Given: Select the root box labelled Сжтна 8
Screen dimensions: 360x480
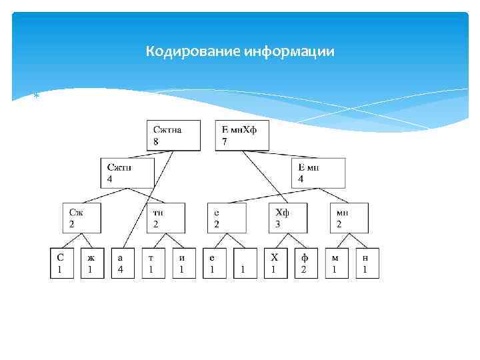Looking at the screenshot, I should pyautogui.click(x=175, y=135).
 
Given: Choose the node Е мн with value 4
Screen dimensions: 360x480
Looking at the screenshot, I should pyautogui.click(x=321, y=173).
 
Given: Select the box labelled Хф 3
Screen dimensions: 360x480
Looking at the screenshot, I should pyautogui.click(x=289, y=217).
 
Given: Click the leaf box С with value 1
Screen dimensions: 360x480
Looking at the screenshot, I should pyautogui.click(x=61, y=263).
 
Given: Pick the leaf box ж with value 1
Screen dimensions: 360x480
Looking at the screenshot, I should pyautogui.click(x=91, y=263).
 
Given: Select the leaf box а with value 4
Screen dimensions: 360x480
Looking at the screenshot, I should pyautogui.click(x=122, y=263).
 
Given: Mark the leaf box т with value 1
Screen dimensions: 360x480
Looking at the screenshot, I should pyautogui.click(x=153, y=263).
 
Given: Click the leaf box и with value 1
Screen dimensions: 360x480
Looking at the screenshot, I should pyautogui.click(x=183, y=263).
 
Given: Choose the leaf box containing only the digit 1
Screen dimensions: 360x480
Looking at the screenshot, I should pyautogui.click(x=245, y=263).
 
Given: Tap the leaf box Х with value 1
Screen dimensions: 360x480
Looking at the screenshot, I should pyautogui.click(x=275, y=263).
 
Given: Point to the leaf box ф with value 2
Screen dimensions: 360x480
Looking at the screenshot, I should pyautogui.click(x=305, y=263).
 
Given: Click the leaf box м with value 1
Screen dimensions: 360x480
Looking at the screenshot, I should pyautogui.click(x=336, y=263).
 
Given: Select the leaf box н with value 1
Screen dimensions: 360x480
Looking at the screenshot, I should pyautogui.click(x=366, y=263).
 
